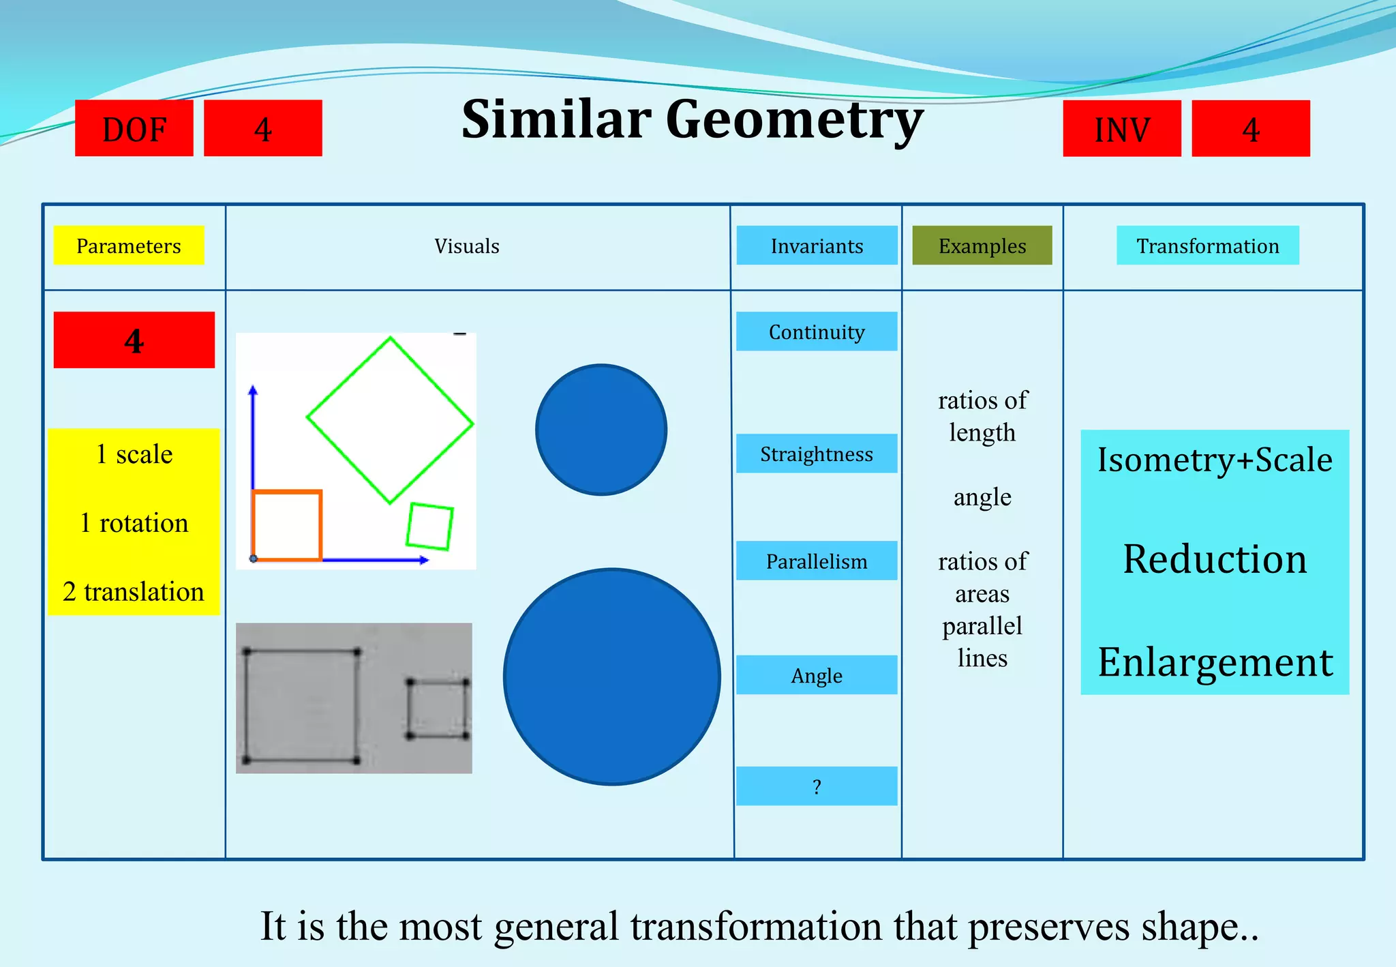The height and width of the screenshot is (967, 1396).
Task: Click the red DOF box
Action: (x=134, y=128)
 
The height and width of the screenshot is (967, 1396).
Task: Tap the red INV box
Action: (x=1121, y=128)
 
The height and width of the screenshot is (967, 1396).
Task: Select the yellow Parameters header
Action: (x=129, y=246)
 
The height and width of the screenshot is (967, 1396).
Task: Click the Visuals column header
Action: (x=467, y=246)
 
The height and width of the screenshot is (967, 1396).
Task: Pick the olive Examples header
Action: (x=982, y=246)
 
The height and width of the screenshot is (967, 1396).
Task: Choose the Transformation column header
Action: (x=1207, y=246)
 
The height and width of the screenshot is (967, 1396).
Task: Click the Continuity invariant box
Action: (x=817, y=331)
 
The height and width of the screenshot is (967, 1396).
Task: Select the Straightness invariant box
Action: (x=817, y=453)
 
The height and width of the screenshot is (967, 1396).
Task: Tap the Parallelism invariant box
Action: (x=817, y=561)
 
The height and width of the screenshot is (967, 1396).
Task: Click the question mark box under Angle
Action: (x=817, y=786)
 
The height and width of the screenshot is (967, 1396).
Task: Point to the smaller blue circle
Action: (x=601, y=430)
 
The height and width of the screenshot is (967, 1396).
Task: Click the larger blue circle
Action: (x=612, y=676)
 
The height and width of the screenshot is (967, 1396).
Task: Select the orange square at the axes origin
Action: (x=287, y=525)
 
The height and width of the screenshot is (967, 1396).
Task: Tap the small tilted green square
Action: (x=429, y=526)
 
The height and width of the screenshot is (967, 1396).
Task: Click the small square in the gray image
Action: (x=438, y=709)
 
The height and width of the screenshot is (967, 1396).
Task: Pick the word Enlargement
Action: (x=1215, y=661)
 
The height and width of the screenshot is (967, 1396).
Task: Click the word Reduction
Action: (x=1215, y=559)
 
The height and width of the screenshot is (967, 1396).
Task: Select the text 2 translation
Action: (x=134, y=591)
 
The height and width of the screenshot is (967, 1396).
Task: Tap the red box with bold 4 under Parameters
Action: (x=134, y=340)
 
